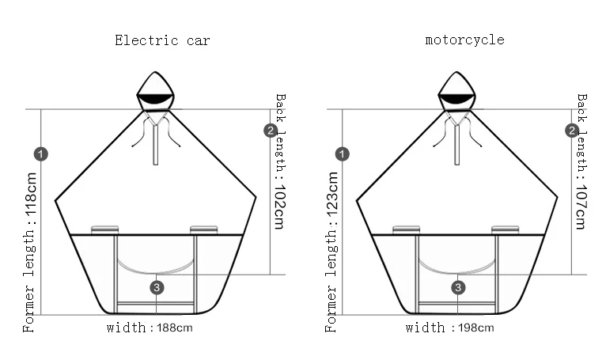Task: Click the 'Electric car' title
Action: coord(162,40)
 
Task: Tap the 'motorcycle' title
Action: coord(464,40)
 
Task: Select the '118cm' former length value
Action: coord(30,195)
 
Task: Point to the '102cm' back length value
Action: coord(280,207)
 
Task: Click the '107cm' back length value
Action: coord(581,207)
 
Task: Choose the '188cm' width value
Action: coord(175,328)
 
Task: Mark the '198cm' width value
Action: coord(475,328)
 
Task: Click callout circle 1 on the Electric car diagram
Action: coord(40,154)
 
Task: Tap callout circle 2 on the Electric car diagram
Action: coord(271,131)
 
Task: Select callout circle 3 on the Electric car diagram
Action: coord(157,287)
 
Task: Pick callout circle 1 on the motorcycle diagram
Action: coord(342,154)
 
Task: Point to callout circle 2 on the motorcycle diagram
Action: coord(572,131)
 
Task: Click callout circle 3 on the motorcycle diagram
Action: coord(458,287)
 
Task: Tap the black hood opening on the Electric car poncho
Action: coord(155,99)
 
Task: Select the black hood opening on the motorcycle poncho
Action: coord(456,99)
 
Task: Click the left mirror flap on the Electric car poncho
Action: coord(104,230)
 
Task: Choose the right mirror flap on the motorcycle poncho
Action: coord(505,230)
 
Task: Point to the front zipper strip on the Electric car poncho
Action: coord(155,143)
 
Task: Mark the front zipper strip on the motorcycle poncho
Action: coord(456,143)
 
